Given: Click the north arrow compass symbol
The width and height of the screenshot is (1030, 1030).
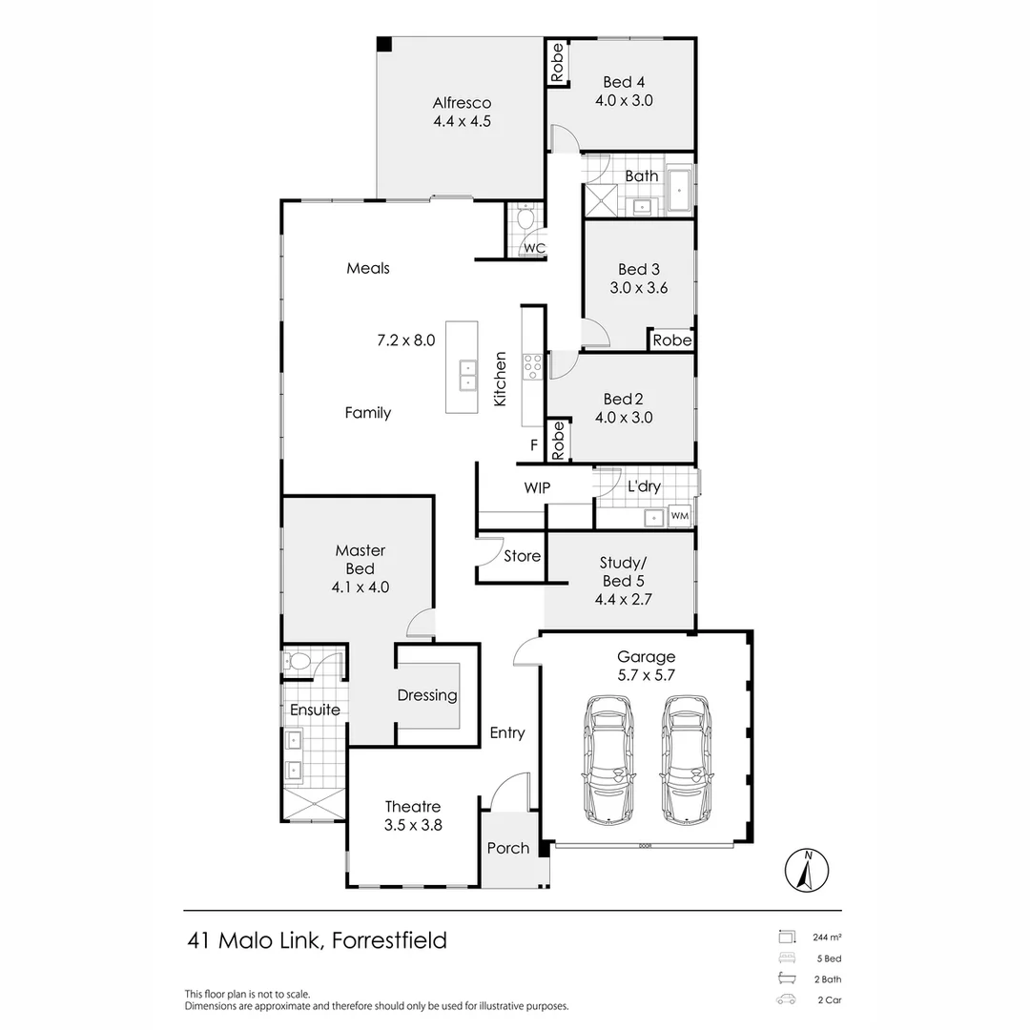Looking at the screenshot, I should [x=807, y=870].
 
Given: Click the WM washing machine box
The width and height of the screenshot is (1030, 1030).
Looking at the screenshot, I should [x=679, y=516].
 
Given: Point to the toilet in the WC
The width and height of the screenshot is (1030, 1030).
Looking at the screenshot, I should [x=525, y=220].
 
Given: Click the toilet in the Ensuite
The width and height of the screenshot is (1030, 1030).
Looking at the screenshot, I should [x=299, y=661].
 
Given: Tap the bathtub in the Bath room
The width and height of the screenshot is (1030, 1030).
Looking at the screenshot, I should [x=678, y=191].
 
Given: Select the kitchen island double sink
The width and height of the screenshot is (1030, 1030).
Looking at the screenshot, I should [x=467, y=375].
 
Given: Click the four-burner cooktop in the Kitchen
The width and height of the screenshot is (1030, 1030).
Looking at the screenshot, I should [x=532, y=362].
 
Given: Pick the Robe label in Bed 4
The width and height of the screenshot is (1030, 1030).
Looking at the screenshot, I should [x=558, y=63].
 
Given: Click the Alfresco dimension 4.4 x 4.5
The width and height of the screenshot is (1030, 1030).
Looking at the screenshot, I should [x=462, y=121].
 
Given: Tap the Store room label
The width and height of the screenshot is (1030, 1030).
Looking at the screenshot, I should [x=523, y=556].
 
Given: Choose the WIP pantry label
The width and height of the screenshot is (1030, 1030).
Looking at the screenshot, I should [x=537, y=487].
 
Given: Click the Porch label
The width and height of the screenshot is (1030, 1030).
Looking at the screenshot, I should [x=508, y=848].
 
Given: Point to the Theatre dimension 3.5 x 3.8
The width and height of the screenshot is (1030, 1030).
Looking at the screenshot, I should [x=413, y=826].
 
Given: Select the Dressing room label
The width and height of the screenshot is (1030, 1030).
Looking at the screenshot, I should [x=427, y=695].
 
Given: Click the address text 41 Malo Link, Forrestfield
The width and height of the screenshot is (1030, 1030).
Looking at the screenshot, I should [x=317, y=940].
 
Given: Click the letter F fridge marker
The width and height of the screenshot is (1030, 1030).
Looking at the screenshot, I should [x=534, y=445].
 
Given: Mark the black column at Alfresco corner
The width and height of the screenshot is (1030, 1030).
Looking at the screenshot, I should [x=383, y=44].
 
